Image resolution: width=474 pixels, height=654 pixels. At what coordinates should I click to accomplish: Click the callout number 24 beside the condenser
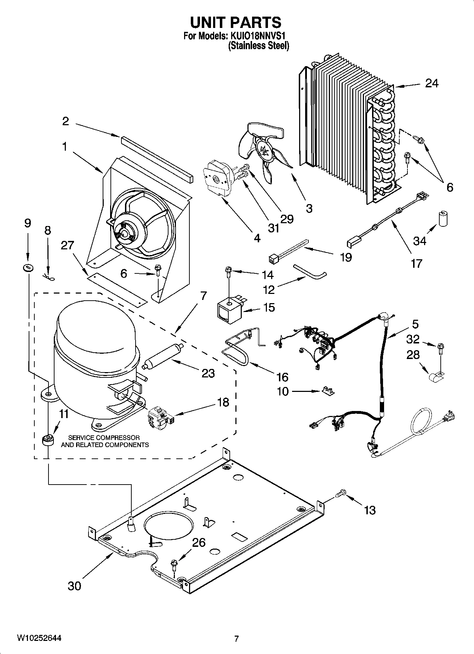[x=432, y=83]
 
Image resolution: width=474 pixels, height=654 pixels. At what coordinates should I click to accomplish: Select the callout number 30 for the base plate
[x=74, y=585]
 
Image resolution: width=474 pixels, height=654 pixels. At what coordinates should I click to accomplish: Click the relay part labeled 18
[x=160, y=416]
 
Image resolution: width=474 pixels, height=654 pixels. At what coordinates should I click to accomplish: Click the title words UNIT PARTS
[x=236, y=23]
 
